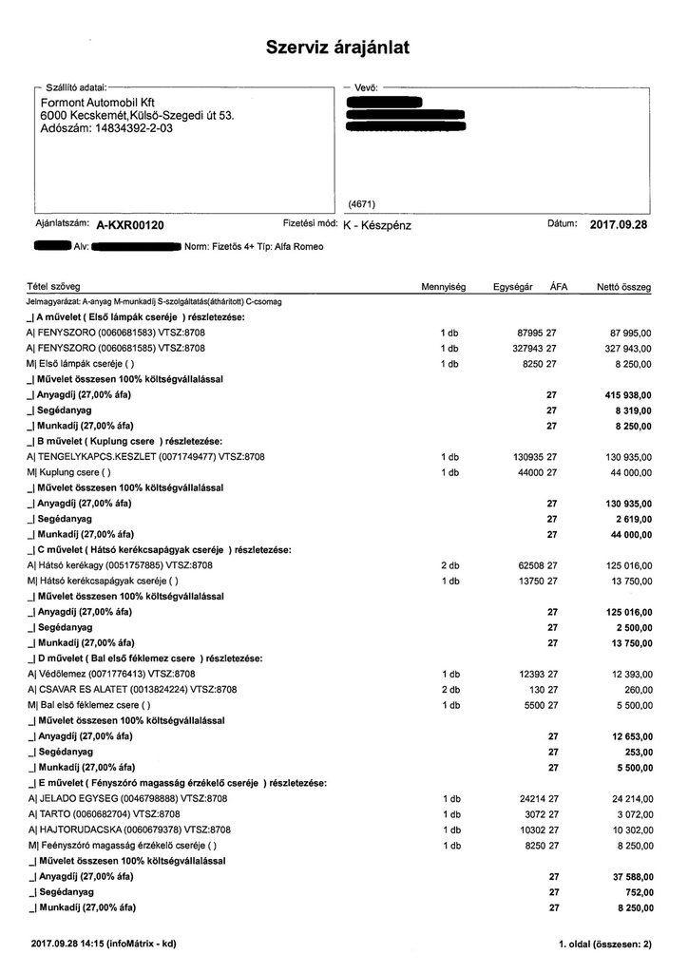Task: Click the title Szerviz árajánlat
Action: coord(337,48)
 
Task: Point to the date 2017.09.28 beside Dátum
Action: coord(619,225)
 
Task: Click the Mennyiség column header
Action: coord(442,286)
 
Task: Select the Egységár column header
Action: coord(513,286)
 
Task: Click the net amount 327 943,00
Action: coord(626,348)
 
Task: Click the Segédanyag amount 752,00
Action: coord(635,892)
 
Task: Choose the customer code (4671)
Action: coord(363,203)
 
